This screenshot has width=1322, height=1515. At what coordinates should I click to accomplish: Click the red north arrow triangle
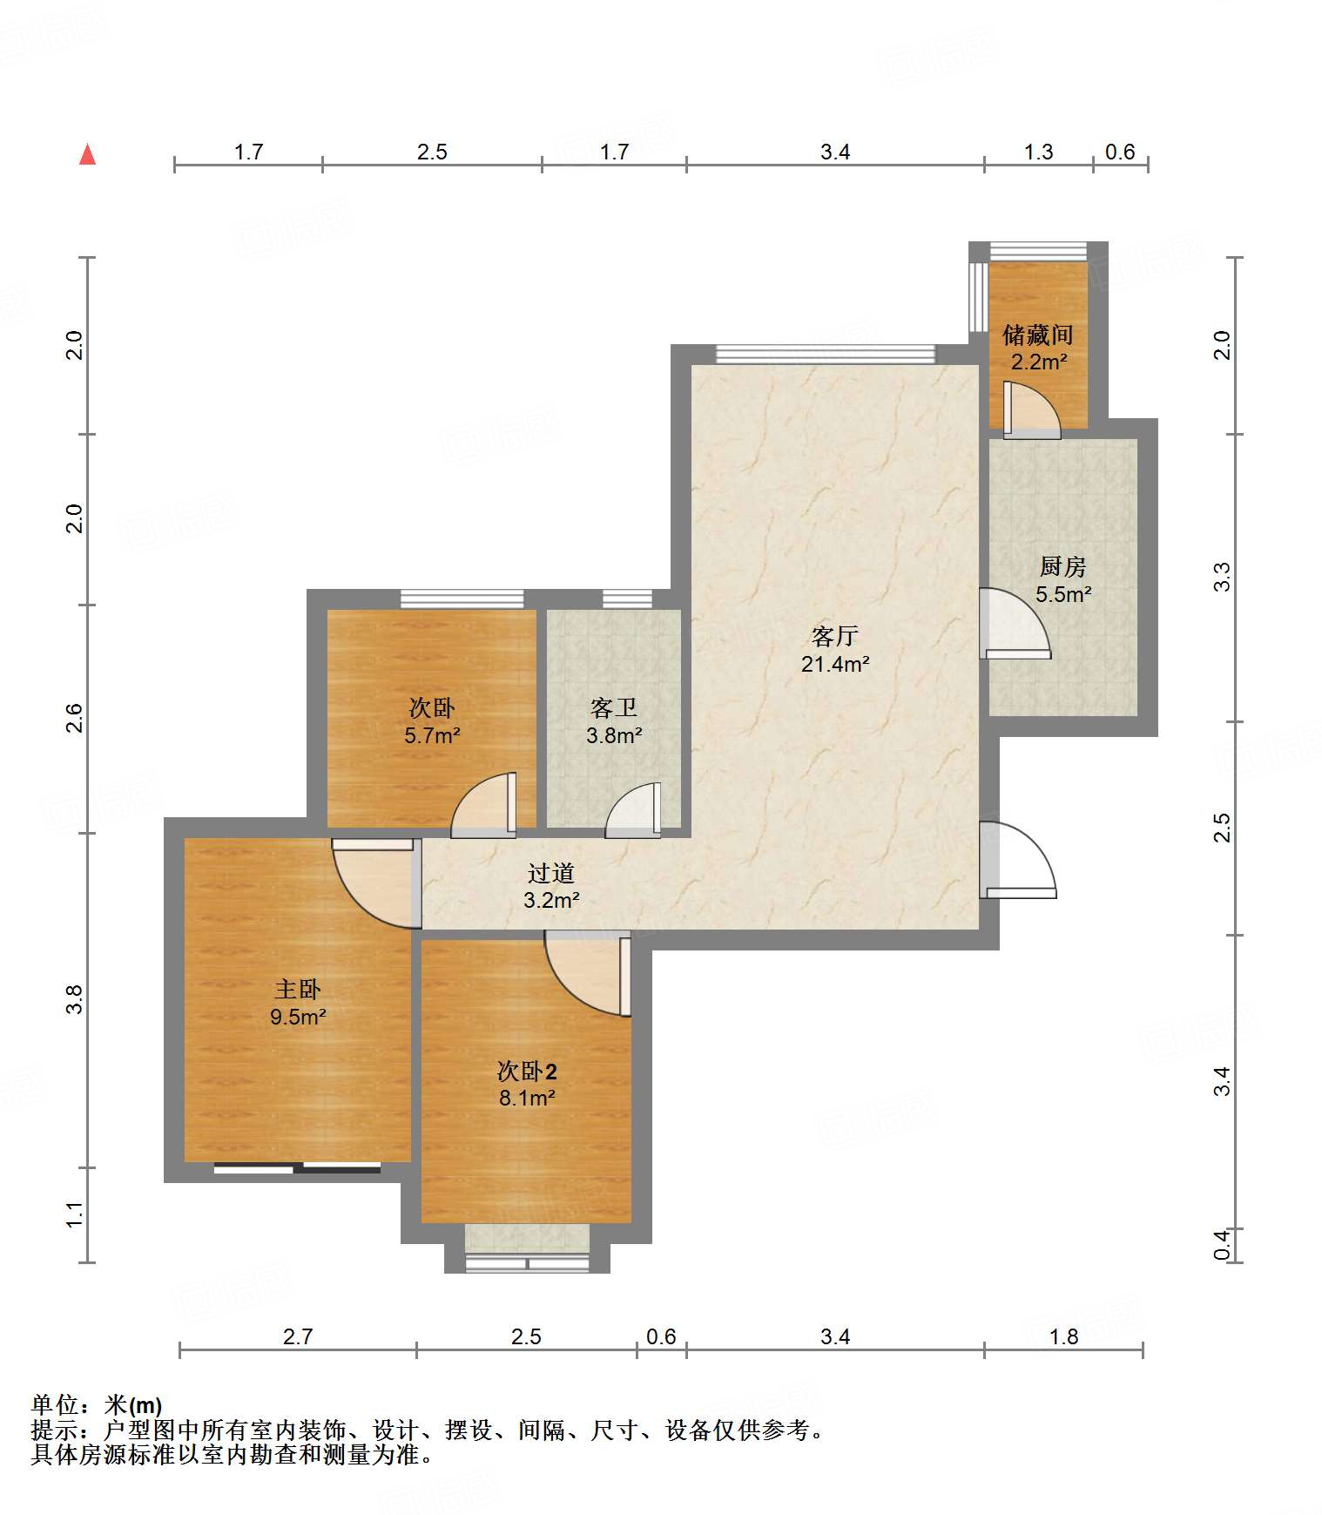pyautogui.click(x=87, y=154)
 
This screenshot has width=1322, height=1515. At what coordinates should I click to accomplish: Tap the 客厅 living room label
pyautogui.click(x=834, y=636)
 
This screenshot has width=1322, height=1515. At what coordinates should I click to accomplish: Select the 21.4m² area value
pyautogui.click(x=835, y=664)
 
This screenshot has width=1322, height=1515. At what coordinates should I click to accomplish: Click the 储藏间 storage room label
pyautogui.click(x=1037, y=335)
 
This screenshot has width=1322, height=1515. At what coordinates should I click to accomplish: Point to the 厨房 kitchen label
pyautogui.click(x=1062, y=567)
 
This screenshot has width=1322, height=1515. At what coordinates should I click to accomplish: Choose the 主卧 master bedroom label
pyautogui.click(x=298, y=989)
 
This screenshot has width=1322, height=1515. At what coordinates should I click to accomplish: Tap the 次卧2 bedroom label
pyautogui.click(x=527, y=1071)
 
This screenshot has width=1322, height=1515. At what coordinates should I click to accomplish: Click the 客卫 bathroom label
pyautogui.click(x=614, y=707)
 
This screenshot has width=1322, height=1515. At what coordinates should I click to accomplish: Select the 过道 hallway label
pyautogui.click(x=551, y=872)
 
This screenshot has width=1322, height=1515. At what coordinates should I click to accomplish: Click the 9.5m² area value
pyautogui.click(x=298, y=1017)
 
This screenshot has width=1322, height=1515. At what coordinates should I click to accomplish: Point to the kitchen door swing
pyautogui.click(x=1015, y=624)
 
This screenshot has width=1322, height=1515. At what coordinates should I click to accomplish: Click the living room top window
pyautogui.click(x=826, y=354)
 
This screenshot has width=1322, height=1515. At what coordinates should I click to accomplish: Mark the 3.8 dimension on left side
pyautogui.click(x=75, y=998)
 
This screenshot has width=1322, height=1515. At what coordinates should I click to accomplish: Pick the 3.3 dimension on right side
pyautogui.click(x=1223, y=577)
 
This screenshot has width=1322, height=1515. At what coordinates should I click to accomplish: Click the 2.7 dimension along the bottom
pyautogui.click(x=298, y=1336)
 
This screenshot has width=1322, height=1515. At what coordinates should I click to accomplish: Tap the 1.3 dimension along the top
pyautogui.click(x=1038, y=152)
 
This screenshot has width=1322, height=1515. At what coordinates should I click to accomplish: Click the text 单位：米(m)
pyautogui.click(x=97, y=1404)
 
